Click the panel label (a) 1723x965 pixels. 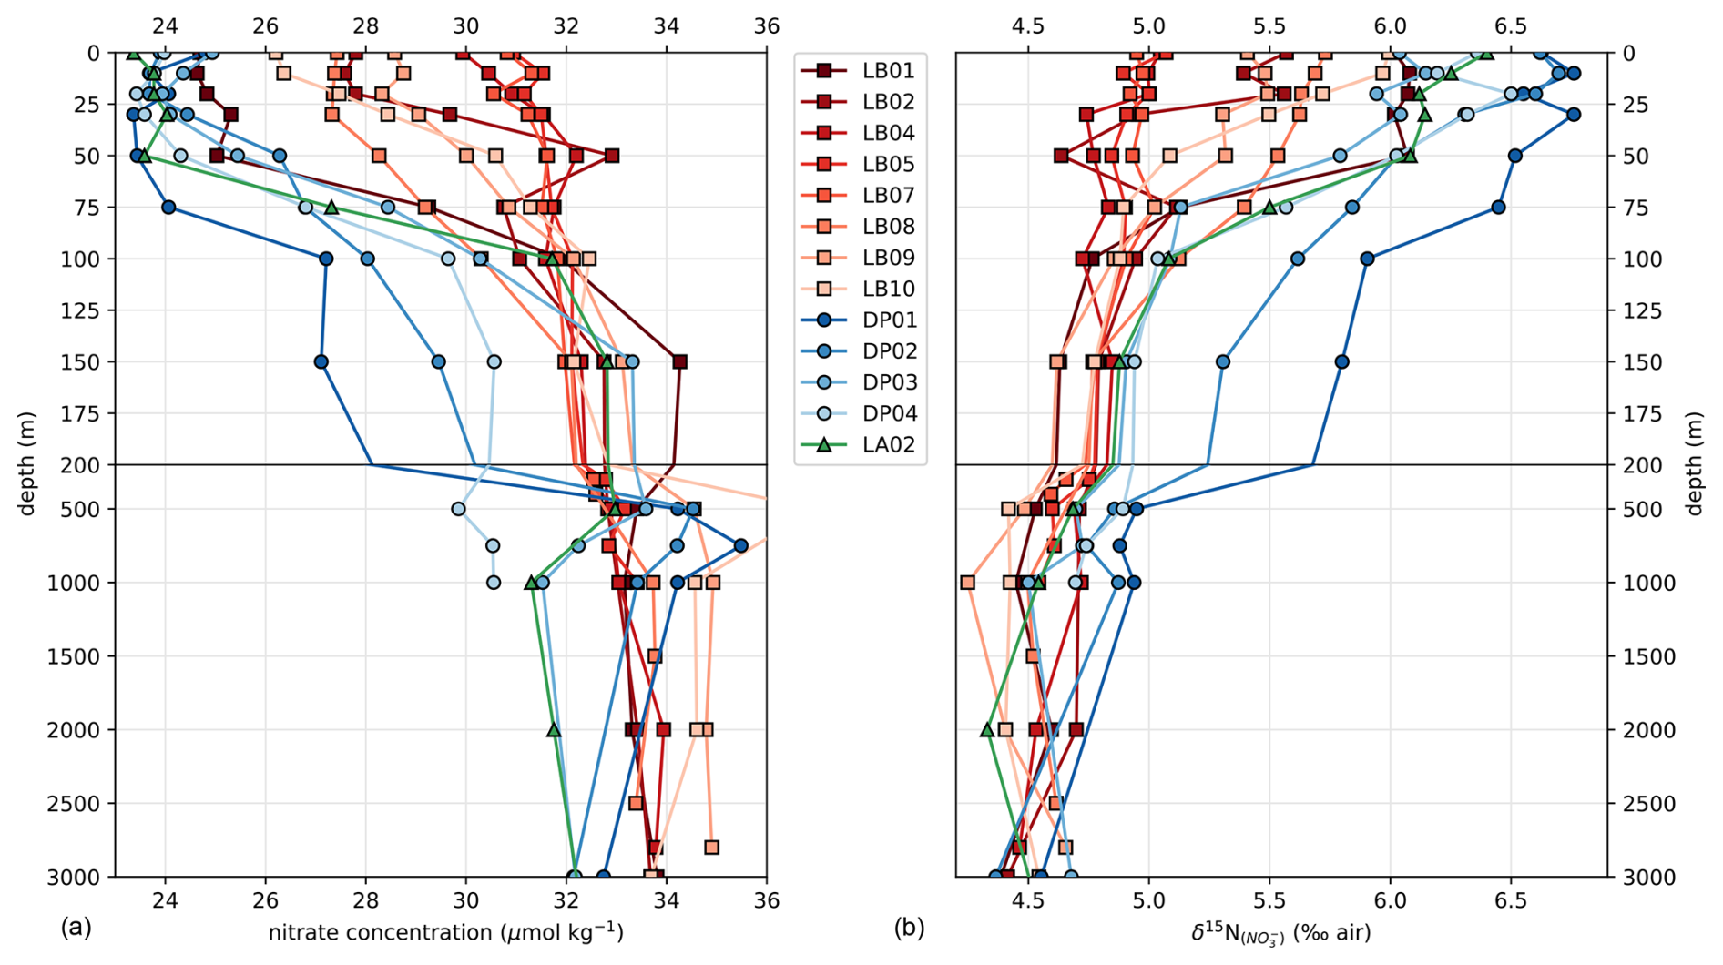(76, 929)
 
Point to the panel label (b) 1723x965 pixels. (909, 929)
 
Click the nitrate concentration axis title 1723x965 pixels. (445, 932)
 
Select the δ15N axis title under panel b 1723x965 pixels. (1280, 933)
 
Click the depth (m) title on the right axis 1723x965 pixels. (1695, 464)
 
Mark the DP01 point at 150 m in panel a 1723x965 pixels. (321, 362)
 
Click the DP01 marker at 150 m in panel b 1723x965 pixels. (1341, 362)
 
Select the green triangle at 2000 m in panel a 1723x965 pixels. (554, 730)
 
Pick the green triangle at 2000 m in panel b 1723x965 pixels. (987, 730)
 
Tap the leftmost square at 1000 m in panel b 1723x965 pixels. (967, 583)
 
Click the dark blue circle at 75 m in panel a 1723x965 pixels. (168, 208)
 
